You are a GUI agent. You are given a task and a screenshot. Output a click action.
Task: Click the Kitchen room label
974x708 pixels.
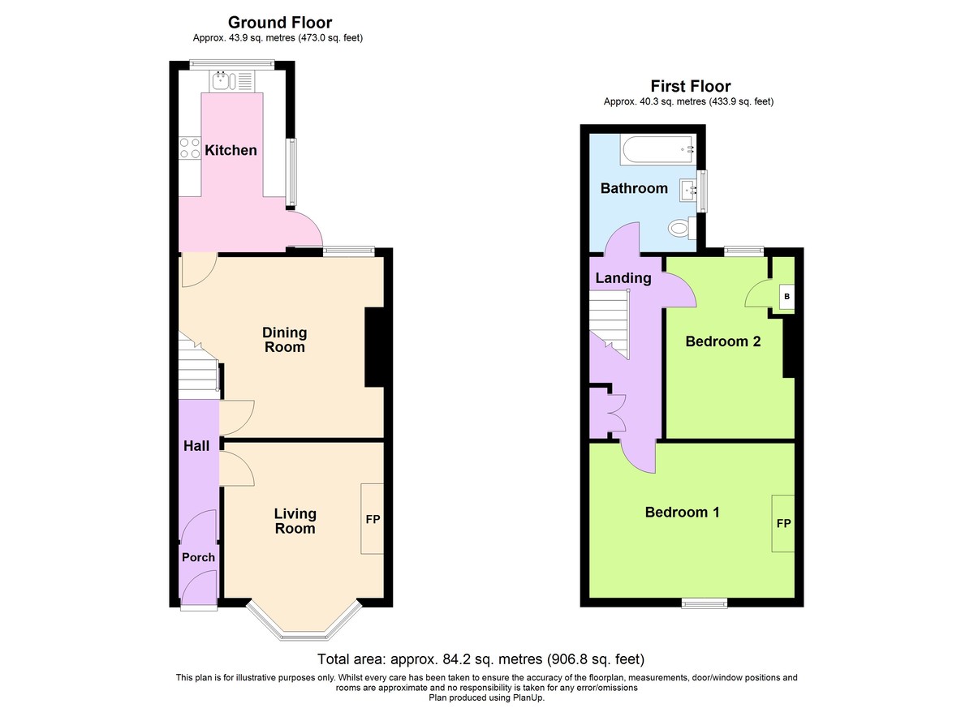pyautogui.click(x=231, y=150)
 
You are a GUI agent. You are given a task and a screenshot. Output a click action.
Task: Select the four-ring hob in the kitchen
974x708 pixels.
pyautogui.click(x=190, y=148)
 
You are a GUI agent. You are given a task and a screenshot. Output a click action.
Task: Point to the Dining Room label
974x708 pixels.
pyautogui.click(x=285, y=340)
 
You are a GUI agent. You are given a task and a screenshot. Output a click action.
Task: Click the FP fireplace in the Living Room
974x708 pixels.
pyautogui.click(x=373, y=519)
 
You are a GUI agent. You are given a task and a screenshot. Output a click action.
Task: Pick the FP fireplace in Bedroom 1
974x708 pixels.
pyautogui.click(x=783, y=523)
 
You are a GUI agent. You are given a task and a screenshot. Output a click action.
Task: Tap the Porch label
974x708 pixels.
pyautogui.click(x=198, y=557)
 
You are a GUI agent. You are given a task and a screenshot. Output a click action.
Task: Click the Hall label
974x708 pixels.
pyautogui.click(x=196, y=446)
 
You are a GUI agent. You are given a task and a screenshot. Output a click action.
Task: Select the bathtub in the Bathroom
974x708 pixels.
pyautogui.click(x=658, y=149)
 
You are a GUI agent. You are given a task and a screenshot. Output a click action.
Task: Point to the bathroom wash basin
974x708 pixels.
pyautogui.click(x=688, y=191)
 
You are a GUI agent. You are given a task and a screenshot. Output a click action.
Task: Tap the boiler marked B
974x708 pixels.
pyautogui.click(x=787, y=297)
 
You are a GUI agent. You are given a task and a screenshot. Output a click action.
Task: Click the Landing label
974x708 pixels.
pyautogui.click(x=623, y=278)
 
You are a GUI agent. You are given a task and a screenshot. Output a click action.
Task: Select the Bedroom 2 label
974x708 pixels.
pyautogui.click(x=723, y=341)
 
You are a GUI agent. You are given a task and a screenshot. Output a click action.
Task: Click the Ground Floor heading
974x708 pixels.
pyautogui.click(x=280, y=22)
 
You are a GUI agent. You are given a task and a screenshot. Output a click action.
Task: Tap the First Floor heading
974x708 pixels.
pyautogui.click(x=691, y=86)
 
